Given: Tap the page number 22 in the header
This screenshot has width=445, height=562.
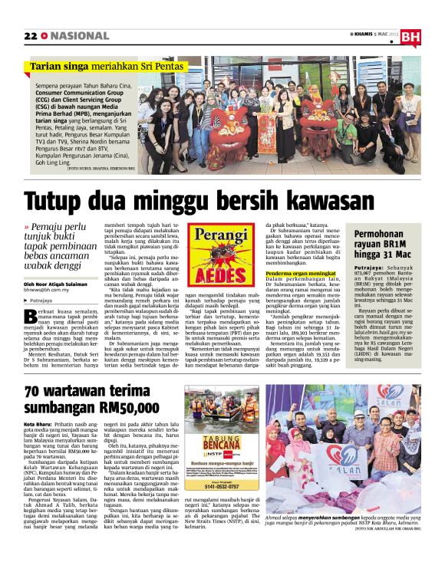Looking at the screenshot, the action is (x=31, y=36).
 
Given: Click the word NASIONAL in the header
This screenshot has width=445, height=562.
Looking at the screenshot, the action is (x=80, y=36).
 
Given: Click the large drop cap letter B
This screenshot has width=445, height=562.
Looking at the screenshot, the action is (x=31, y=317).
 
